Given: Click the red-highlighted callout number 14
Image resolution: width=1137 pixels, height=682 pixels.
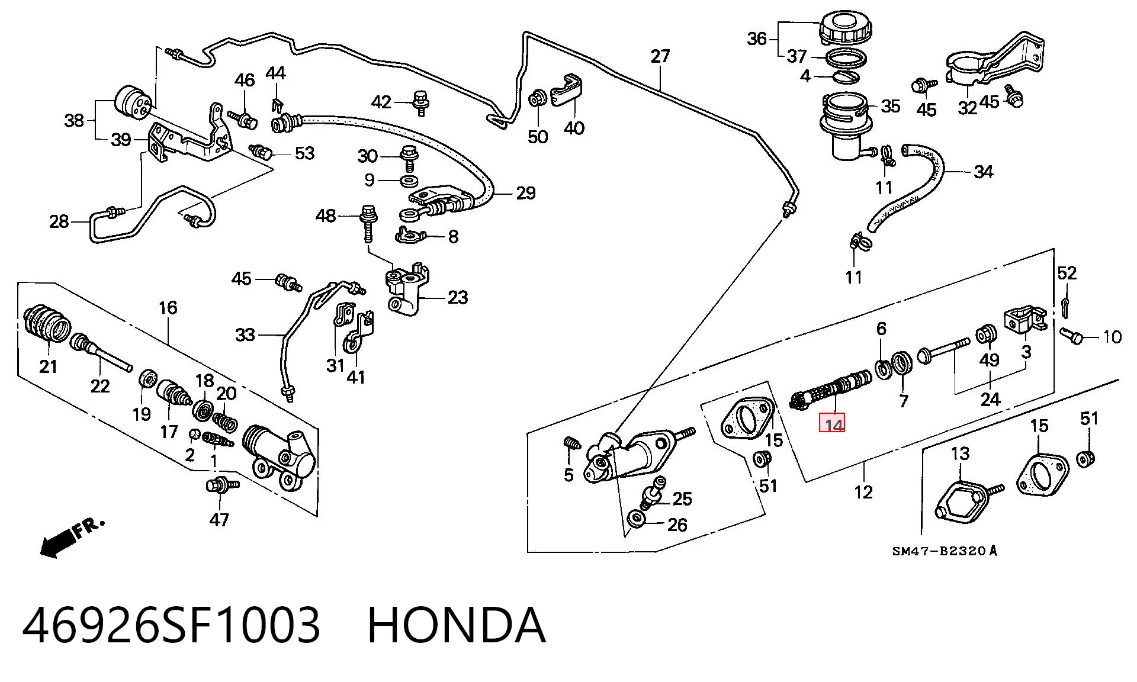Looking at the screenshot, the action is click(x=833, y=424).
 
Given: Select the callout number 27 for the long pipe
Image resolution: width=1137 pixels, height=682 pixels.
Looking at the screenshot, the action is click(x=660, y=56).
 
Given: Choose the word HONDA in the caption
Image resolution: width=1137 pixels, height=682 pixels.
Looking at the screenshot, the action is click(x=457, y=625).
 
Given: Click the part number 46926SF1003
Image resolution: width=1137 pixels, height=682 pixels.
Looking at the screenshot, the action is click(x=171, y=625).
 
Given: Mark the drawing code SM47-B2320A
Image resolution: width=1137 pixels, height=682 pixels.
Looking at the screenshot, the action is click(x=945, y=551).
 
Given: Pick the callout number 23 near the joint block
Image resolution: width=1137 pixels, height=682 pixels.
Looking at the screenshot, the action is click(x=458, y=297).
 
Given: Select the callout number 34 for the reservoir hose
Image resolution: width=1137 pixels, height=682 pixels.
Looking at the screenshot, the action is click(x=984, y=172).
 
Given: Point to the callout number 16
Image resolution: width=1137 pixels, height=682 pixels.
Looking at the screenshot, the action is click(x=168, y=308).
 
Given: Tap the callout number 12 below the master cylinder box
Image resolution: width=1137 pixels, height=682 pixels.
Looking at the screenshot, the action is click(x=863, y=492).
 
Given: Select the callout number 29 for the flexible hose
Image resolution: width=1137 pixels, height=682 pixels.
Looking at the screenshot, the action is click(x=525, y=193).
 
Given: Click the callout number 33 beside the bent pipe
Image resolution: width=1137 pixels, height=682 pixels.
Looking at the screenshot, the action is click(x=245, y=335).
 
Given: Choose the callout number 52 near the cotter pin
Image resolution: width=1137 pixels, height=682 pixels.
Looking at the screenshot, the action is click(x=1067, y=273).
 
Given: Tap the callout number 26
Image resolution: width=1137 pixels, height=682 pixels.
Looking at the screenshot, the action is click(x=677, y=525).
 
